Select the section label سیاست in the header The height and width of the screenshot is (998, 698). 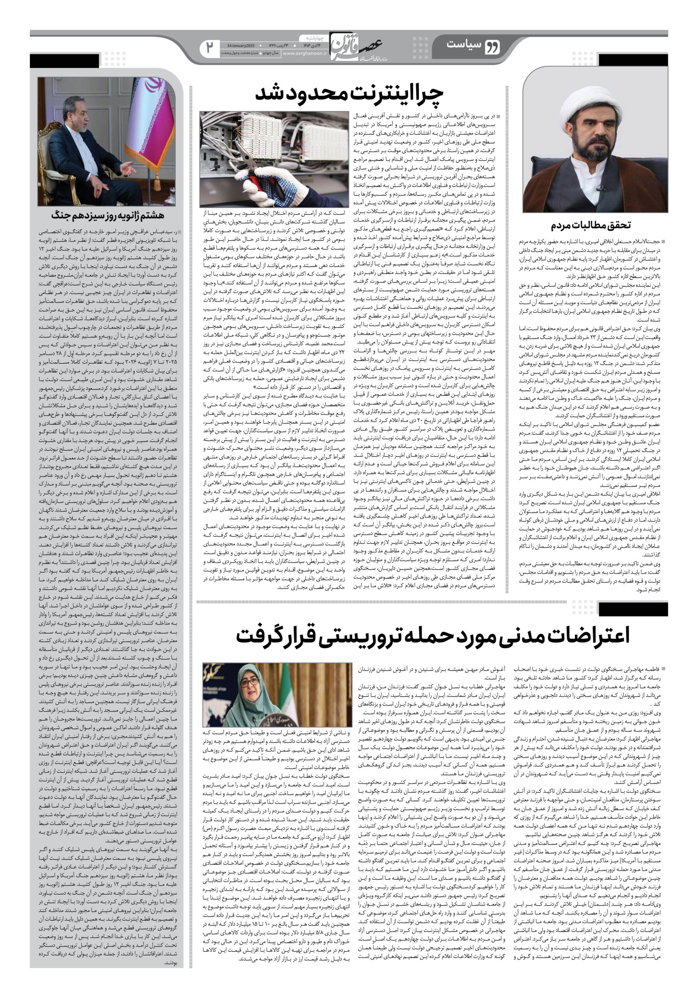pos(463,44)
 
